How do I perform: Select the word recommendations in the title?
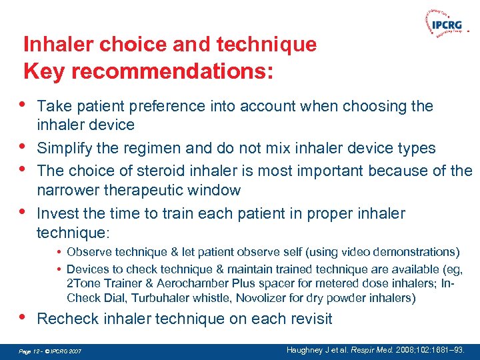(169, 70)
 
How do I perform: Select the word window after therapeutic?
(217, 190)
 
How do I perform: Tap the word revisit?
(307, 319)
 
